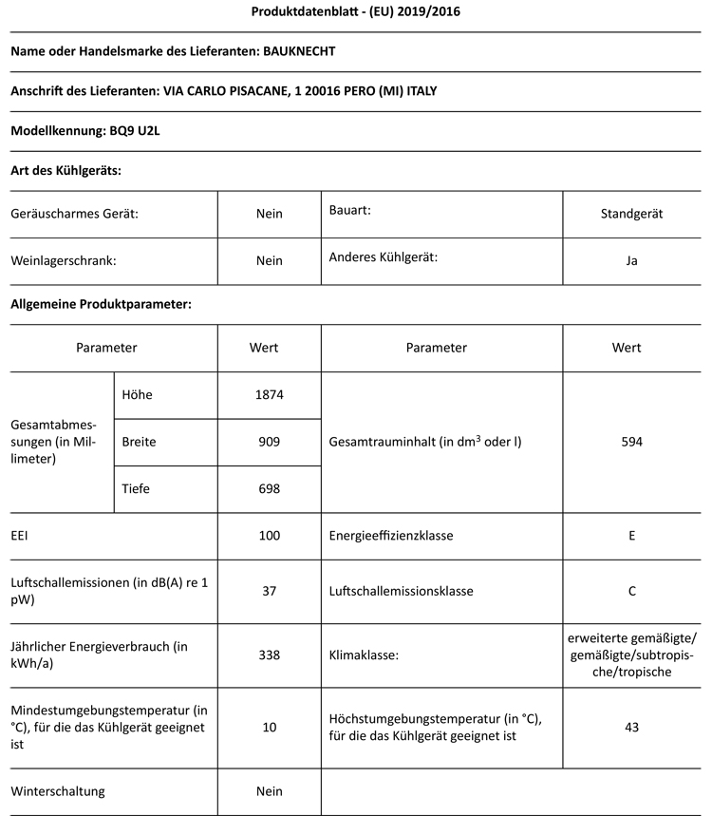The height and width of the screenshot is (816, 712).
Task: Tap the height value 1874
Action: pyautogui.click(x=270, y=394)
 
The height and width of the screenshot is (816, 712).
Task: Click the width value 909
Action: pyautogui.click(x=270, y=442)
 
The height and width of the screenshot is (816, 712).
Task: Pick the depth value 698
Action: pyautogui.click(x=270, y=489)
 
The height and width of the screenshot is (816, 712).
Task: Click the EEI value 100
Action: pyautogui.click(x=270, y=536)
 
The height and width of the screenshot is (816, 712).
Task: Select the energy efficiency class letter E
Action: pyautogui.click(x=631, y=536)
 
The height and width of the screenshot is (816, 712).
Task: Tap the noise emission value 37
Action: pyautogui.click(x=270, y=591)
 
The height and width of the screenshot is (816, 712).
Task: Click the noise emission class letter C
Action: pyautogui.click(x=631, y=591)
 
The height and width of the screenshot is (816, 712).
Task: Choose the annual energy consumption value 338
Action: pyautogui.click(x=270, y=655)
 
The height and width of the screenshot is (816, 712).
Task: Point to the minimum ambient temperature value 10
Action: pyautogui.click(x=270, y=727)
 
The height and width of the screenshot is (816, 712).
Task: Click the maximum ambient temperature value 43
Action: pyautogui.click(x=631, y=727)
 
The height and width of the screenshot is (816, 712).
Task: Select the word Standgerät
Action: pyautogui.click(x=631, y=214)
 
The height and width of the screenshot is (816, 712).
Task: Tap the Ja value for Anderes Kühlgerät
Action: pyautogui.click(x=631, y=260)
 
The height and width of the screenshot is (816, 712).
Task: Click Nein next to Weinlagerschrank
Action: pyautogui.click(x=270, y=260)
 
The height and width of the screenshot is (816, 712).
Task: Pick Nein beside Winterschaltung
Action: pyautogui.click(x=270, y=790)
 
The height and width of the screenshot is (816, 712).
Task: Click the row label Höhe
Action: pyautogui.click(x=137, y=394)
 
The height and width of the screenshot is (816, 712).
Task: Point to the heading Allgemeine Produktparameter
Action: pyautogui.click(x=101, y=304)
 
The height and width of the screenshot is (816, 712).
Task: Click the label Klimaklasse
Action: pyautogui.click(x=363, y=655)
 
